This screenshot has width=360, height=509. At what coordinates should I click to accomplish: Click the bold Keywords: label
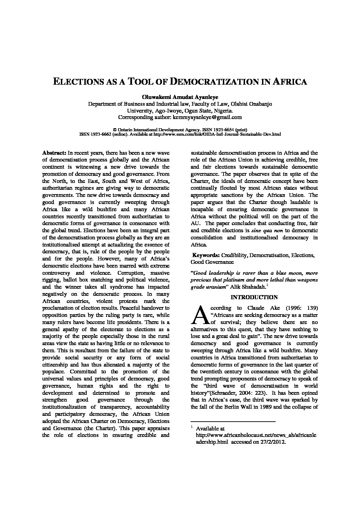pyautogui.click(x=206, y=255)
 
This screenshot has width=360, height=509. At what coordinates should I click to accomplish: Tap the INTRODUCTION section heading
pyautogui.click(x=254, y=297)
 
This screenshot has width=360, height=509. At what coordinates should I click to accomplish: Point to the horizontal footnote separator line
pyautogui.click(x=233, y=422)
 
